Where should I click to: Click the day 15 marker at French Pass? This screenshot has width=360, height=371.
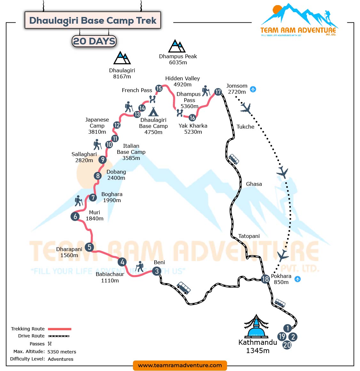click(159, 88)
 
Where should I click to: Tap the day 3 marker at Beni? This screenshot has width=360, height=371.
click(157, 271)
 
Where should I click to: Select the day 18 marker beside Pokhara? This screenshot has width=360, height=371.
click(265, 279)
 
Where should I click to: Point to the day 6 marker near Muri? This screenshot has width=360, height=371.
click(75, 217)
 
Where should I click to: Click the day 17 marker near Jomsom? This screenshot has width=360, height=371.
click(218, 92)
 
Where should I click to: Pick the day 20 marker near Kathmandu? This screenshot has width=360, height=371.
click(287, 345)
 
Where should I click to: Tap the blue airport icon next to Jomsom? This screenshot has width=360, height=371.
click(253, 89)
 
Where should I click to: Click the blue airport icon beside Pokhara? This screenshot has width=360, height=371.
click(298, 279)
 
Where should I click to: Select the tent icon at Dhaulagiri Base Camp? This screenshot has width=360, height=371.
click(153, 111)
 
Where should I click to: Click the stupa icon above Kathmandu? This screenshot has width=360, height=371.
click(256, 327)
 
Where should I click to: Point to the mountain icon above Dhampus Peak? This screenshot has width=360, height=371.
click(177, 46)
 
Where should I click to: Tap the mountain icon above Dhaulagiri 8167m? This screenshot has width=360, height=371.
click(122, 58)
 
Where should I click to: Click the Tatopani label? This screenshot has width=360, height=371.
click(249, 236)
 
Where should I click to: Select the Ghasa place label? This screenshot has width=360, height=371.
click(254, 184)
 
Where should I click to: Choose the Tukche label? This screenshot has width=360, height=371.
click(246, 127)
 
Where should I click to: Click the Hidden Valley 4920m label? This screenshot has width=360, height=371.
click(183, 81)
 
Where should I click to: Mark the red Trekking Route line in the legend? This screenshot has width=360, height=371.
click(59, 329)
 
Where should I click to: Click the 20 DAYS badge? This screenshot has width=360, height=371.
click(94, 41)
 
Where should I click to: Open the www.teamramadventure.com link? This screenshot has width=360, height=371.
click(180, 365)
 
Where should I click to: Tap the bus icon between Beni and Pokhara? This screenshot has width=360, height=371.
click(184, 288)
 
